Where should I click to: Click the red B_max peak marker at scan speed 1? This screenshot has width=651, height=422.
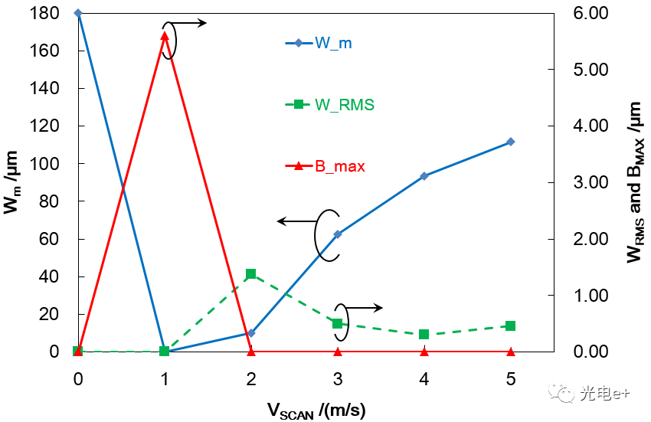click(165, 35)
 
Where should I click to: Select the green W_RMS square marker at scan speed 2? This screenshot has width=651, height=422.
click(251, 273)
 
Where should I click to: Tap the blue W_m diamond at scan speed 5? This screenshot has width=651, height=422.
click(511, 142)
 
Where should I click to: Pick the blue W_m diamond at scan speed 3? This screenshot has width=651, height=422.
click(338, 234)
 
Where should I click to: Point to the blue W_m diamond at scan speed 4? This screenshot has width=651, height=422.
click(424, 176)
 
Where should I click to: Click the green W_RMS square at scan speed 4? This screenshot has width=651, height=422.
click(424, 334)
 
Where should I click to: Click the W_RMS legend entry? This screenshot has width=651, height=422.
click(329, 105)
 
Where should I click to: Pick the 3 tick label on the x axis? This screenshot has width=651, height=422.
click(338, 379)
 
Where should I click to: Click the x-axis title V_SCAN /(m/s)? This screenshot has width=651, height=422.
click(316, 410)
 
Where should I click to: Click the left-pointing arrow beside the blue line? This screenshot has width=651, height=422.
click(294, 221)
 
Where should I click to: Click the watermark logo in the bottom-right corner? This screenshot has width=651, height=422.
click(566, 394)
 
